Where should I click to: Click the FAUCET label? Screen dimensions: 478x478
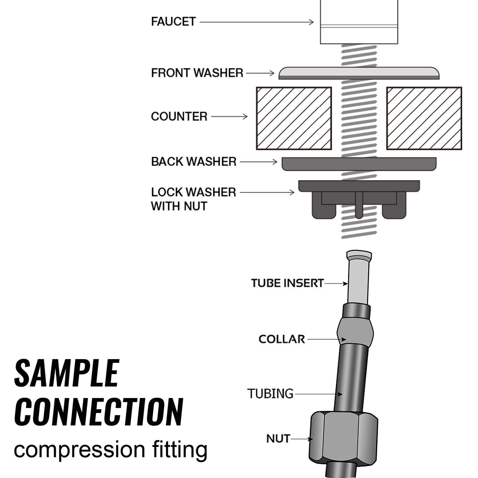coord(173,22)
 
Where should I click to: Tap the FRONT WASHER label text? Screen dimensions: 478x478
coord(197,73)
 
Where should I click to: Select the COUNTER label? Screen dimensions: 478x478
coord(179,116)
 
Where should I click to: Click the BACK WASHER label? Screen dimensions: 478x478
coord(194,162)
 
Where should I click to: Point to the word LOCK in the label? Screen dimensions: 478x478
coord(166,192)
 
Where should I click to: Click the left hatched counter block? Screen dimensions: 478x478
coord(294,118)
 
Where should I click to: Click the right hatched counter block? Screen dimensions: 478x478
coord(424,118)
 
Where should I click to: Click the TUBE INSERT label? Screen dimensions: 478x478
coord(287,283)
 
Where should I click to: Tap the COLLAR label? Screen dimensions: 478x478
coord(282,339)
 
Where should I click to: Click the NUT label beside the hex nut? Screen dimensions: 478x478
coord(278,439)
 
